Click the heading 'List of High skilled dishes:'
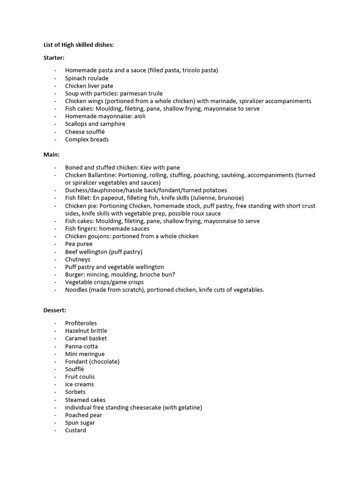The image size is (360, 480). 78,45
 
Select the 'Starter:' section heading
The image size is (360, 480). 54,58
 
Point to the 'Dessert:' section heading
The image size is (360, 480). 55,310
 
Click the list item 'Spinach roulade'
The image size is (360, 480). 87,78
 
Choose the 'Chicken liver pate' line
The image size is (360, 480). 89,86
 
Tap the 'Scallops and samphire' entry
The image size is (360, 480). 95,124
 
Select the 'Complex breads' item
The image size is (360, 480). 87,139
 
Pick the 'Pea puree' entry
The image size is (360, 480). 79,244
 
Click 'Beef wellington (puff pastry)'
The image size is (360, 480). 104,252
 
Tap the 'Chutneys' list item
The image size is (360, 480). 78,259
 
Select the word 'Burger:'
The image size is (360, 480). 75,275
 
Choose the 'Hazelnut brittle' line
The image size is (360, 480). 86,331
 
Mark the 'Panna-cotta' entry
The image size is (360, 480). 82,346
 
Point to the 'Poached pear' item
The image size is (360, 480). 83,415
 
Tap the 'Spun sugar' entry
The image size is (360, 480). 80,423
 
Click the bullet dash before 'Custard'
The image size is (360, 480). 56,430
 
